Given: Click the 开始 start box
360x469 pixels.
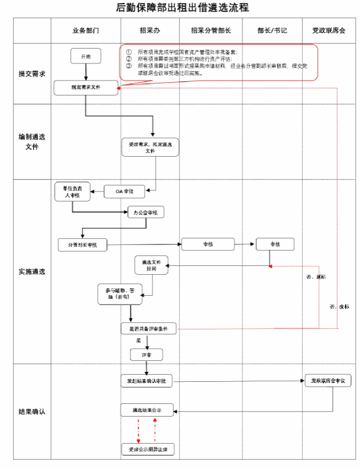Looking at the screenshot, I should pyautogui.click(x=86, y=56).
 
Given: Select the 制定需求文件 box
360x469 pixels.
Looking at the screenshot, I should pyautogui.click(x=86, y=88).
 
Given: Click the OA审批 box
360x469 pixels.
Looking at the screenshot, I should pyautogui.click(x=125, y=191).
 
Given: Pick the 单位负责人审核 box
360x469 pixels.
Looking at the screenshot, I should pyautogui.click(x=72, y=191).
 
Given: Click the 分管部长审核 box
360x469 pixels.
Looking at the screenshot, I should pyautogui.click(x=82, y=244).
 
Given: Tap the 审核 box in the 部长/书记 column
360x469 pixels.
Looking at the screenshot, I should pyautogui.click(x=275, y=244).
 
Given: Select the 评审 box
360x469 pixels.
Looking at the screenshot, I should pyautogui.click(x=147, y=354).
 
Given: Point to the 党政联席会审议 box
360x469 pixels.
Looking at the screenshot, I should pyautogui.click(x=328, y=381).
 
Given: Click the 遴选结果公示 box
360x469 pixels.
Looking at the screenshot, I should pyautogui.click(x=147, y=410).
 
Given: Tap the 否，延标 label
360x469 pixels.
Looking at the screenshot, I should pyautogui.click(x=316, y=276).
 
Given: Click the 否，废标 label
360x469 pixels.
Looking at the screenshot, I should pyautogui.click(x=338, y=306).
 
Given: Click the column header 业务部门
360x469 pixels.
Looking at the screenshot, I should pyautogui.click(x=86, y=30).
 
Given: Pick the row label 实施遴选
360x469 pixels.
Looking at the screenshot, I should pyautogui.click(x=31, y=272).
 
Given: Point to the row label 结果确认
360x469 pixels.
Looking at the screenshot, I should pyautogui.click(x=31, y=412).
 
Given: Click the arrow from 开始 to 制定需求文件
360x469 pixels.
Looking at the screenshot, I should pyautogui.click(x=86, y=72).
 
